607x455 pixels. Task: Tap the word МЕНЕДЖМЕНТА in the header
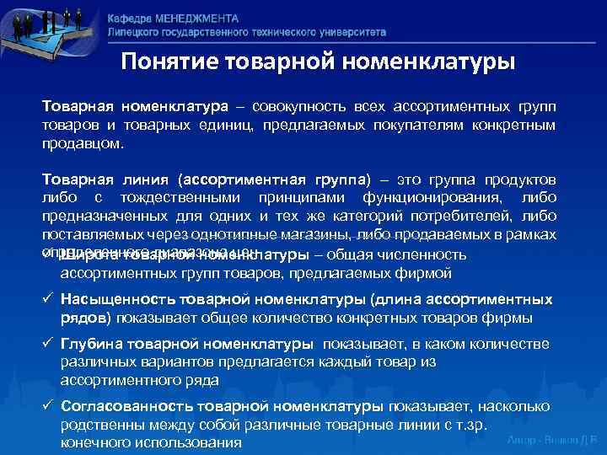(196, 19)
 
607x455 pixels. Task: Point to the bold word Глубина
(94, 344)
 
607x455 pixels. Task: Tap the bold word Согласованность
(129, 406)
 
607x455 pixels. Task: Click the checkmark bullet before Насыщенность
(49, 299)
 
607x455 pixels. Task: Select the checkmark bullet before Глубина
(49, 344)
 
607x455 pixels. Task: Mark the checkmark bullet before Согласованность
(49, 406)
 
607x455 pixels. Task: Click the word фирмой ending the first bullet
(427, 273)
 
